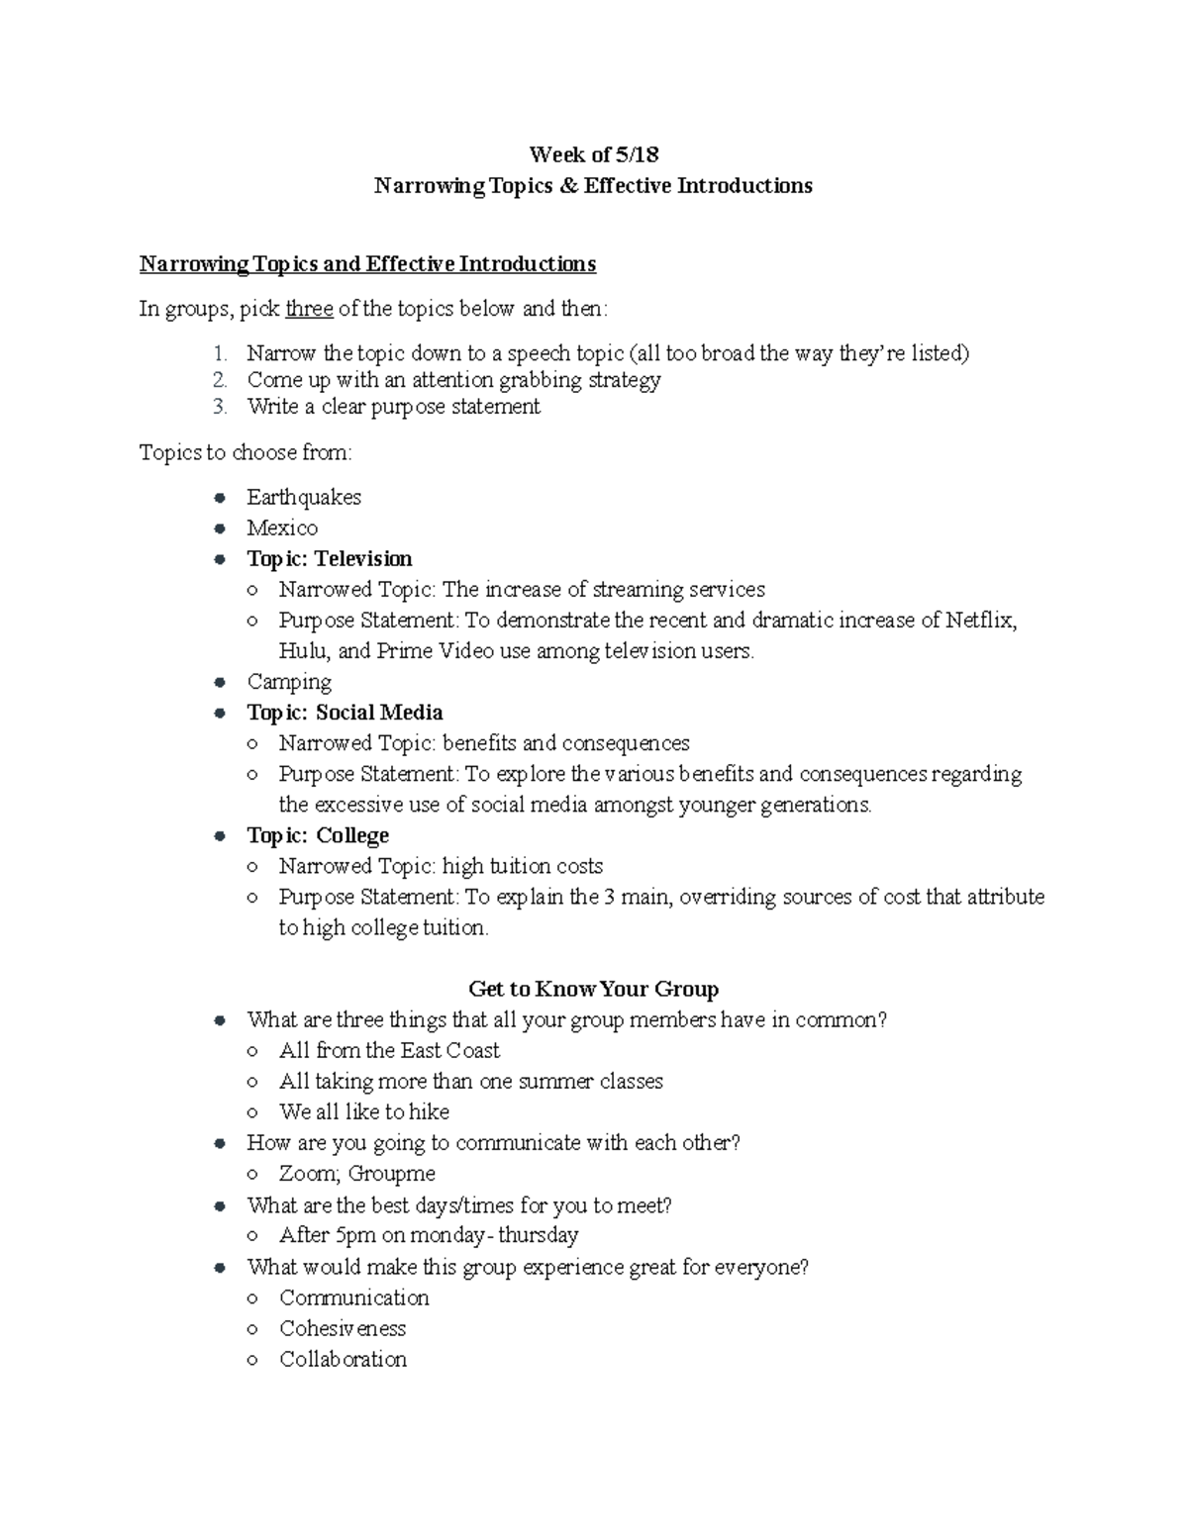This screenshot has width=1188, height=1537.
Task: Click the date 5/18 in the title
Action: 637,154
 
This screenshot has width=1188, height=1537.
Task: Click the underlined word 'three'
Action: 309,309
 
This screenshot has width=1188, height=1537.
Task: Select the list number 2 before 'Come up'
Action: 220,380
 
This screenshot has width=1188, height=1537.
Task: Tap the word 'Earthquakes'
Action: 304,497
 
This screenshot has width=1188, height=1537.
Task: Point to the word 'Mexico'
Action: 282,528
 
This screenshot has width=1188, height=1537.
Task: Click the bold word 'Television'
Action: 363,558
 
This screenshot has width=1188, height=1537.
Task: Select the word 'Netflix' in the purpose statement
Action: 980,621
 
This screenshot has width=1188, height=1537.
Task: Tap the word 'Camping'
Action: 289,682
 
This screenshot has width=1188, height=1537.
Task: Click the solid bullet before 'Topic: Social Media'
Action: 221,713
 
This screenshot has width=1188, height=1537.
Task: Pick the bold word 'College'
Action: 352,835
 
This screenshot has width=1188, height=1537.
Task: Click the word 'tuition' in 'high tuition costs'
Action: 519,866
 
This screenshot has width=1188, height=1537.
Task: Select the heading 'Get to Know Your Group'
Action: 593,989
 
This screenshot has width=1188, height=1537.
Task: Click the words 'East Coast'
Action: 450,1050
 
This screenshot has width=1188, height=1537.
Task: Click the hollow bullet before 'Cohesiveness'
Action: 253,1329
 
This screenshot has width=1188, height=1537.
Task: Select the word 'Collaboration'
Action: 343,1359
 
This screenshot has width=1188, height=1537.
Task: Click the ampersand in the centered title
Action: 567,186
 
